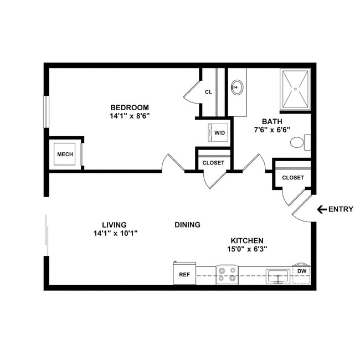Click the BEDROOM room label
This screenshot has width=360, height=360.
[130, 107]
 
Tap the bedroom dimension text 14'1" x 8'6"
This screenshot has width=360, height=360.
[130, 116]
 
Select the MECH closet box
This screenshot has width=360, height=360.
[65, 155]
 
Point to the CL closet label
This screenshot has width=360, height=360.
[208, 92]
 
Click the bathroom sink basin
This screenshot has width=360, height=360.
[238, 88]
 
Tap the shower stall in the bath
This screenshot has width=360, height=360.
[296, 89]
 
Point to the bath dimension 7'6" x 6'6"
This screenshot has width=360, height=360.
[272, 130]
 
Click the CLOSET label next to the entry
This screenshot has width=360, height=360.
[292, 178]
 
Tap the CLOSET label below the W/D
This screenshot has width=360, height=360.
[213, 163]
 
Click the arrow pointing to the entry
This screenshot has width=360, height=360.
[321, 209]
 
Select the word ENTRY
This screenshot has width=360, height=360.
[342, 209]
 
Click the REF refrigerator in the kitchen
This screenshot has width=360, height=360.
[183, 274]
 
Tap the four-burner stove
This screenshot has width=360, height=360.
[227, 274]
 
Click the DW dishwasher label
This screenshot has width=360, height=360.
[301, 271]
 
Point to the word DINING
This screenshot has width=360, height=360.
[187, 225]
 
